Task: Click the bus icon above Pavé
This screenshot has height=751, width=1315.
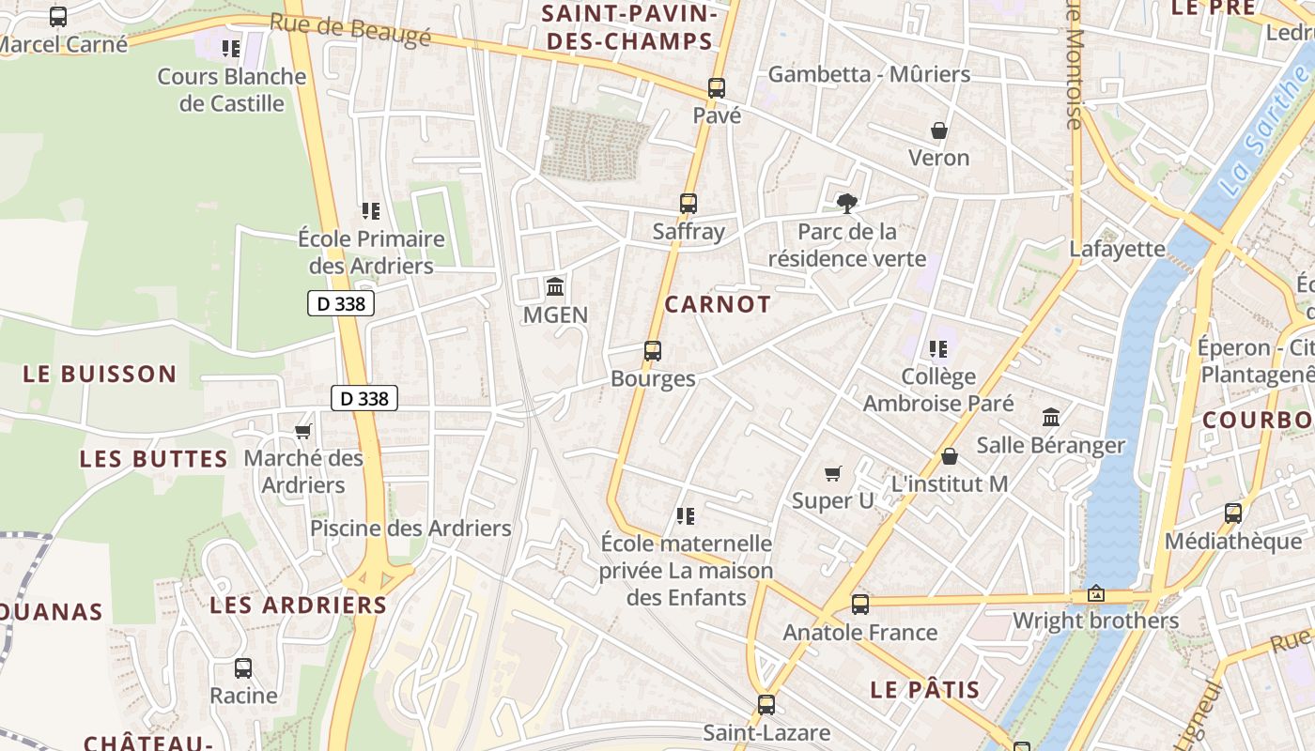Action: coord(717,88)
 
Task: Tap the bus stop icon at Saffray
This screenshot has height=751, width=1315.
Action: coord(688,204)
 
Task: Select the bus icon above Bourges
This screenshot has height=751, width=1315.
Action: coord(653,351)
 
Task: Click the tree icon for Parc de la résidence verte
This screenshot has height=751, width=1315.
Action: coord(847,203)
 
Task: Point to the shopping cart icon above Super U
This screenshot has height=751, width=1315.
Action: coord(833,473)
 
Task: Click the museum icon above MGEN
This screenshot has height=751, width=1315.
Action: coord(555,286)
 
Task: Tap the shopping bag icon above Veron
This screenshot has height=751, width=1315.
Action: coord(938,130)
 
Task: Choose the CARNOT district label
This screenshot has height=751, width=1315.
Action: coord(718,304)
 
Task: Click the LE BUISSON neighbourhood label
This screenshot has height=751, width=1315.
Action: coord(100,374)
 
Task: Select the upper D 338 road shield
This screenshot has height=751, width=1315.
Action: coord(341,303)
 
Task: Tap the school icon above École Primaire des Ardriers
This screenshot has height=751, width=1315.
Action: coord(371,211)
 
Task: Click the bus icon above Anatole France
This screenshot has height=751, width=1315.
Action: coord(860,605)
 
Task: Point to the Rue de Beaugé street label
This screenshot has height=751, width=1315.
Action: coord(350,30)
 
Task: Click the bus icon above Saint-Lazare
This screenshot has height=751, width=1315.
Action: coord(766,704)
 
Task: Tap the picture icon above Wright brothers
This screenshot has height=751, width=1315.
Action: coord(1095,594)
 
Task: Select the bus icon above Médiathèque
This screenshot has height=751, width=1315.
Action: coord(1233,513)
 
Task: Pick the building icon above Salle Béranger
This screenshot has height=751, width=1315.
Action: coord(1051,417)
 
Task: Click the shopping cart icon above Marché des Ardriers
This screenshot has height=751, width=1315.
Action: coord(303,431)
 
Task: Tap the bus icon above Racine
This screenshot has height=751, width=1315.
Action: coord(243,668)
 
